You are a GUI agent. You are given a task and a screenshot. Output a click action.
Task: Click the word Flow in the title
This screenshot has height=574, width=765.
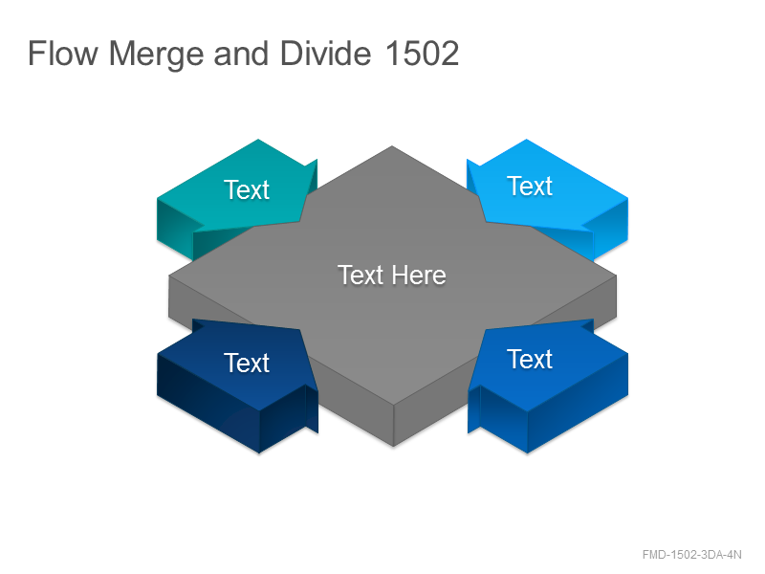tap(63, 54)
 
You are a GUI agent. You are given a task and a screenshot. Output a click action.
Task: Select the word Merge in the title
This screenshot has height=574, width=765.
tap(156, 55)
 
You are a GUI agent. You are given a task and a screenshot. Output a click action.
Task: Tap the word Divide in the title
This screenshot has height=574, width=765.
tap(325, 54)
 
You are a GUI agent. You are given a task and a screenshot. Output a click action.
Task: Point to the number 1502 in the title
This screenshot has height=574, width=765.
tap(422, 54)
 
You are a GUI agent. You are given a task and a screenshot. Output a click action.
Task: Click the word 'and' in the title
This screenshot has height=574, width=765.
tap(241, 54)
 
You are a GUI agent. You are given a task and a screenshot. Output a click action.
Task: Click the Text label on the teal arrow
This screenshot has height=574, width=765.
tap(247, 189)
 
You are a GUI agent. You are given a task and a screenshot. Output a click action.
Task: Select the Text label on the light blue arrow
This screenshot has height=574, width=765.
tap(530, 186)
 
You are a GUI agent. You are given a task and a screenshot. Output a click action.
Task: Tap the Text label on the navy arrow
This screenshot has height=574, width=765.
tap(247, 363)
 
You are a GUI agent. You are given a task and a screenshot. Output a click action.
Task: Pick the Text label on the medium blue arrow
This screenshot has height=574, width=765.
tap(530, 360)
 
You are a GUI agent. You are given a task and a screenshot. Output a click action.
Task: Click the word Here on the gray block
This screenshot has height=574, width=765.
tap(419, 276)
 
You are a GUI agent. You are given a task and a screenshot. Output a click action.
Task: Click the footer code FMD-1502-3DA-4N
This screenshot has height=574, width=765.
tap(691, 555)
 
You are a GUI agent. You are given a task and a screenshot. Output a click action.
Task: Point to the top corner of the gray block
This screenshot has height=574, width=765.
tap(392, 146)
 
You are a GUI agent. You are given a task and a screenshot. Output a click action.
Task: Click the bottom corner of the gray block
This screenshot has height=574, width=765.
tap(393, 446)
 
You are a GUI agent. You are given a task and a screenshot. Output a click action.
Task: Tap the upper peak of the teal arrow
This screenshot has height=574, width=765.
tap(258, 140)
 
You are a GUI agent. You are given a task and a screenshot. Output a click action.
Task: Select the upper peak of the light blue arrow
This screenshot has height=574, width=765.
tap(527, 140)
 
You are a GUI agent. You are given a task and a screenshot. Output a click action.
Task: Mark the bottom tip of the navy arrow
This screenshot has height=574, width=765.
tap(259, 453)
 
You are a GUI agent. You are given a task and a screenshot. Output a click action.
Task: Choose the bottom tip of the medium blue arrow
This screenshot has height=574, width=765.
tap(527, 453)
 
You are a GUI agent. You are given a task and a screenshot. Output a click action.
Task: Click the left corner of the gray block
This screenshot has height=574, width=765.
tap(169, 276)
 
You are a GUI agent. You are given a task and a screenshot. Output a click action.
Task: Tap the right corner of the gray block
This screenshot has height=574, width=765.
tap(616, 276)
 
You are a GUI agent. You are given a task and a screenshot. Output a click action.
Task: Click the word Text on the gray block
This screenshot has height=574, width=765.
tap(361, 276)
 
